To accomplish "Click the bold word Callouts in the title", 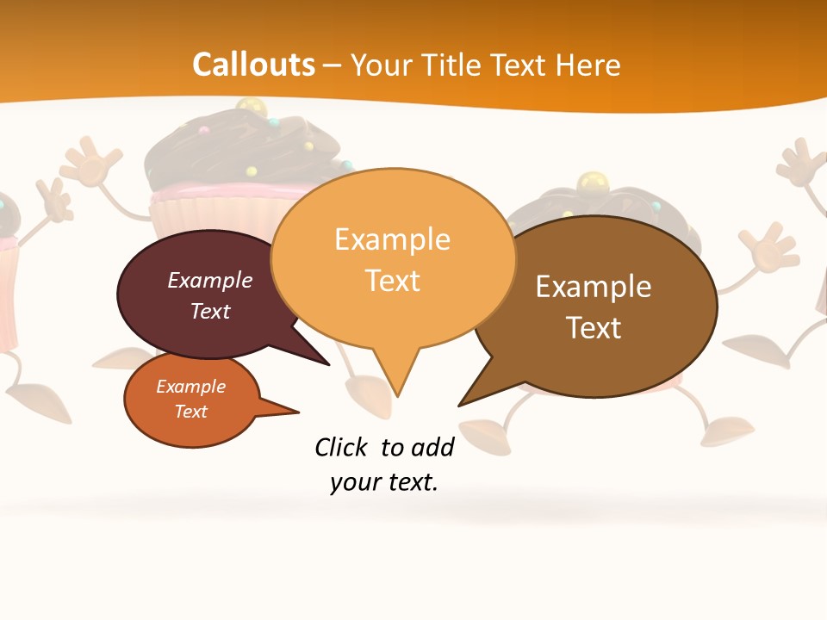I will coord(253,65).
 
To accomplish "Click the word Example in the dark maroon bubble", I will coord(210,280).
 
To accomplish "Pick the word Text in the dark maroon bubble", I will coord(210,311).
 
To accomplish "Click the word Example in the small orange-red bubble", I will coord(190,387).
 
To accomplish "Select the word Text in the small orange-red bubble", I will coord(190,412).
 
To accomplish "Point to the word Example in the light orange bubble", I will coord(392,239).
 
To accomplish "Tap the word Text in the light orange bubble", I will coord(392,281).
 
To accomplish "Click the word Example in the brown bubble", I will coord(594,287).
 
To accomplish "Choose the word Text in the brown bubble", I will coord(594,328).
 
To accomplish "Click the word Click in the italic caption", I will coord(341,447).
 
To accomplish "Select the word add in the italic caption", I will coord(432,447).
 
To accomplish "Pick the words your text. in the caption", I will coord(384,482).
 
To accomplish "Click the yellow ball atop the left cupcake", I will coord(250,108).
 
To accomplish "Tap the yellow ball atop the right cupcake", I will coord(591,183).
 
